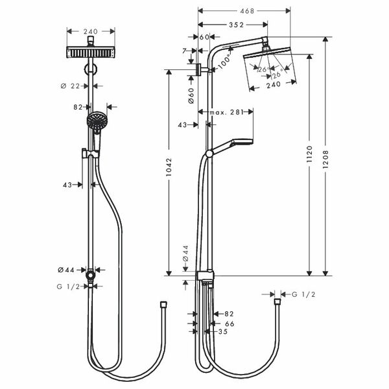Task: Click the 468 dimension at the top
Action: pos(247,11)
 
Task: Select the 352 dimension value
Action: pos(236,25)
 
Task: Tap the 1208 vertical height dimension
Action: pos(325,159)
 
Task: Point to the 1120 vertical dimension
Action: pos(309,154)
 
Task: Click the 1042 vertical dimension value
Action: pos(169,167)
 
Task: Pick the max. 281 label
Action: pos(226,112)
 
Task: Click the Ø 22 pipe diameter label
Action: pos(71,86)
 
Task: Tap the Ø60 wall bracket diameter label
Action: pos(191,95)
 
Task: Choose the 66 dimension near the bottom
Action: pos(230,324)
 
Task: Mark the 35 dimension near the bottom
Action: pos(223,331)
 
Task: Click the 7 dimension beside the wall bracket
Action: pos(184,51)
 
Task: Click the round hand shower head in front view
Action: pos(97,121)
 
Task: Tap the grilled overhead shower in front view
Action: pos(91,52)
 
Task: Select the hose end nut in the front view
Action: pos(163,305)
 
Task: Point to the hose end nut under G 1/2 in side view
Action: pos(277,302)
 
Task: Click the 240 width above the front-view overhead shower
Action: pos(91,32)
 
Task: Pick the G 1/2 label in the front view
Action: pos(68,287)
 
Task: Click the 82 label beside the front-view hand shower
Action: pos(78,107)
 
